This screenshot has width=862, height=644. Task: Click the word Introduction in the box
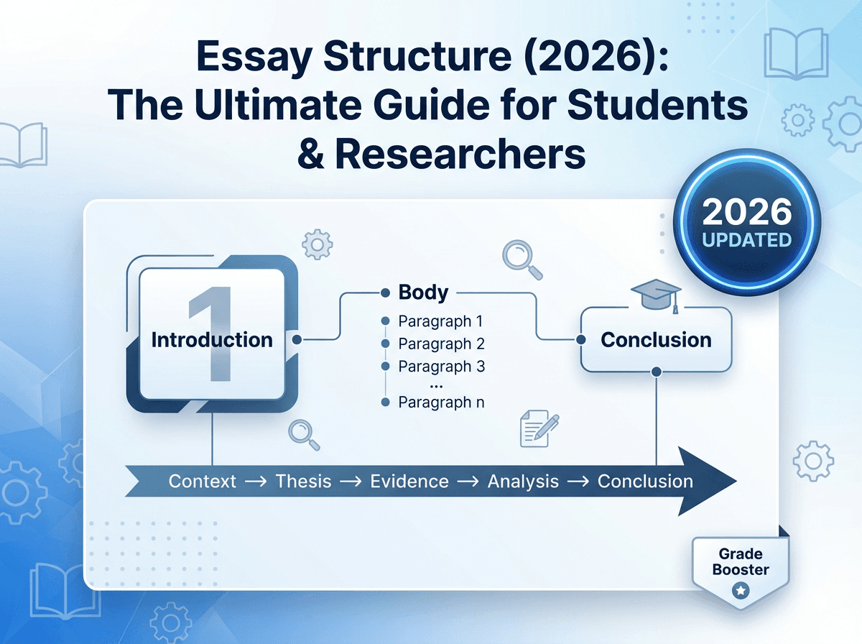pyautogui.click(x=212, y=339)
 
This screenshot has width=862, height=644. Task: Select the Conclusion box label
pyautogui.click(x=656, y=339)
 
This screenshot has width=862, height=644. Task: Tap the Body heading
pyautogui.click(x=423, y=293)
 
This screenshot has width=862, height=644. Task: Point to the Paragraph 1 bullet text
pyautogui.click(x=441, y=321)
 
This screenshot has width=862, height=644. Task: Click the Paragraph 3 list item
pyautogui.click(x=441, y=367)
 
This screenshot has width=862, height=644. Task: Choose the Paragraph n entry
pyautogui.click(x=441, y=402)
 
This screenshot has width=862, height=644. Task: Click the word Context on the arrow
pyautogui.click(x=202, y=482)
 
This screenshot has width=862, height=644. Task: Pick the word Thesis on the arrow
pyautogui.click(x=303, y=482)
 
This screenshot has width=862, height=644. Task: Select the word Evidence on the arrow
pyautogui.click(x=409, y=482)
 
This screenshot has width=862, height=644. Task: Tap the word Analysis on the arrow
pyautogui.click(x=523, y=482)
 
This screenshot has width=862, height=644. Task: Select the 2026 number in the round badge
pyautogui.click(x=747, y=212)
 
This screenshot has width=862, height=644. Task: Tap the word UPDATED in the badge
pyautogui.click(x=747, y=240)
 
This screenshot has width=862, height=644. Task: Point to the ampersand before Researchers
pyautogui.click(x=312, y=155)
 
